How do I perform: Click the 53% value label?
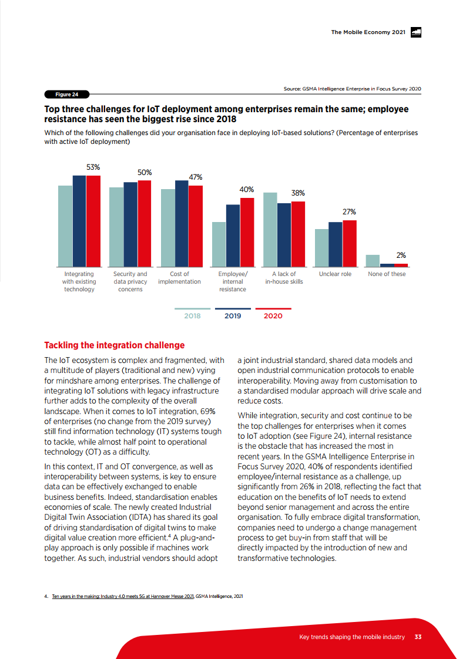pos(93,167)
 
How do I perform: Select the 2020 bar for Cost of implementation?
pos(195,226)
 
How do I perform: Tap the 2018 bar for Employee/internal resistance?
pos(219,244)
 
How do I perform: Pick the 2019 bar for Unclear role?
pos(336,244)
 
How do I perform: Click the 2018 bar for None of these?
pos(373,261)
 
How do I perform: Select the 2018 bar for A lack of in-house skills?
pos(270,230)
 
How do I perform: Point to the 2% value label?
pos(401,255)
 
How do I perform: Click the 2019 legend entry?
pos(233,315)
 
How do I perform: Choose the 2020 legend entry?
pos(273,315)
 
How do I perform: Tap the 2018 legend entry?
pos(192,315)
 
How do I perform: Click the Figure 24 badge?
pos(67,94)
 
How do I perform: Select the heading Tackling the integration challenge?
pos(115,345)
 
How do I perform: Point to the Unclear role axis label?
pos(335,274)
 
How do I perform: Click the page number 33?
pos(418,637)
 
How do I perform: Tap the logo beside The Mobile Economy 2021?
pos(416,32)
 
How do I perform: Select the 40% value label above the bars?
pos(247,190)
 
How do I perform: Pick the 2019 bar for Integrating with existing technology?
pos(79,221)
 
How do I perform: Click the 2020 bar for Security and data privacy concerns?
pos(144,224)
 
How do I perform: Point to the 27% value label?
pos(349,212)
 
